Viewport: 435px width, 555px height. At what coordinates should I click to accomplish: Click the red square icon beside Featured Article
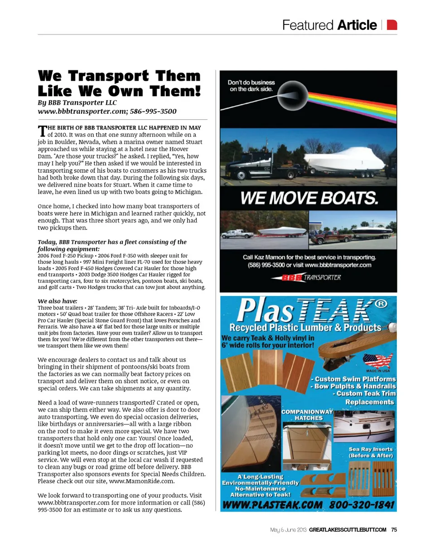tap(392, 24)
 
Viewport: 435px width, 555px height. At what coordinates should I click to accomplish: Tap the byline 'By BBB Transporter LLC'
tap(77, 102)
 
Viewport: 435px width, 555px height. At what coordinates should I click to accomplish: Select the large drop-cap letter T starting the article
tap(42, 131)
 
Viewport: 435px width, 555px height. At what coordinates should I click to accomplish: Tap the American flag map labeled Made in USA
tap(378, 361)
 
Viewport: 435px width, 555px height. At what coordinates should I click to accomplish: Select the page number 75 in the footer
tap(394, 530)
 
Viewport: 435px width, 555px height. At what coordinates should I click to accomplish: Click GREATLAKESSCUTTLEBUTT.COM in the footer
tap(348, 530)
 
